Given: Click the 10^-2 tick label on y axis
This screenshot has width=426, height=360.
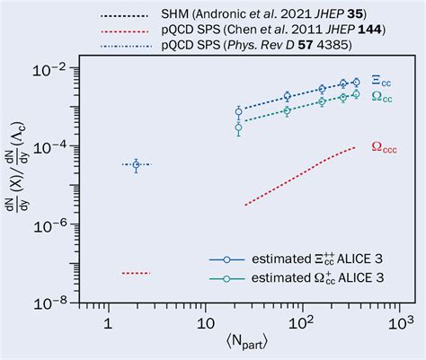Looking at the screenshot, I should coord(57,68).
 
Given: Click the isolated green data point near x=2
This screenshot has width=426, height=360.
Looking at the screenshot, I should coord(136,164).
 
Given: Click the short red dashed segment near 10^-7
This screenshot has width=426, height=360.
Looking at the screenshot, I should coord(136,272).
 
